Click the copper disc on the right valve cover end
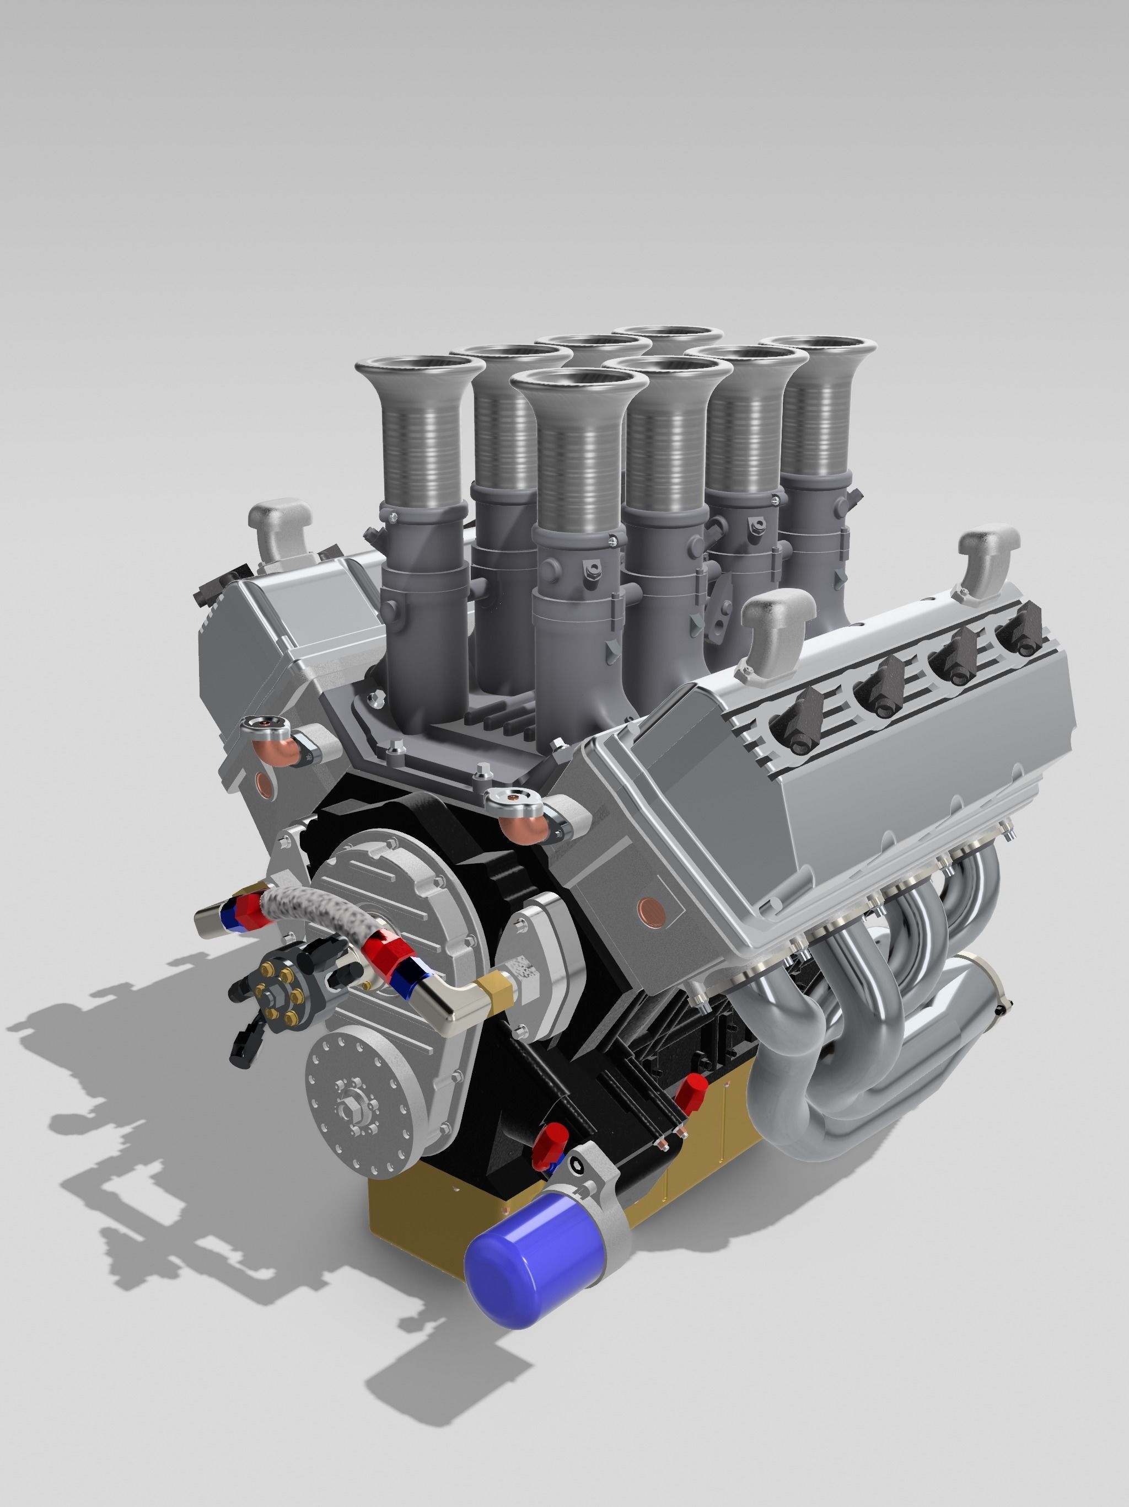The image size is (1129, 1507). click(x=646, y=908)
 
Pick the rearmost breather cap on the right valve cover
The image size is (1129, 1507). click(x=988, y=551)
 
